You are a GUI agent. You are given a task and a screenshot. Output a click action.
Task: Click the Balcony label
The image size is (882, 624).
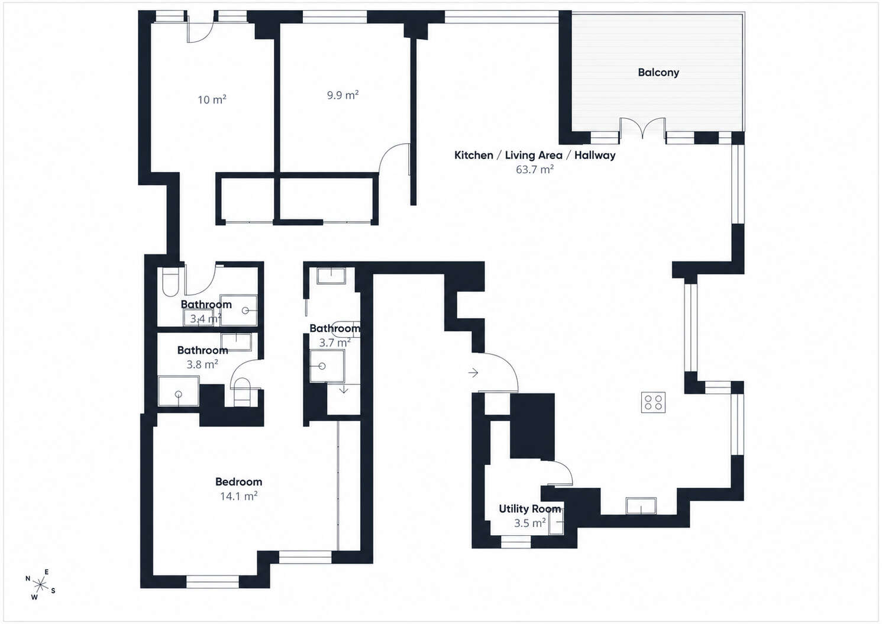[x=658, y=72]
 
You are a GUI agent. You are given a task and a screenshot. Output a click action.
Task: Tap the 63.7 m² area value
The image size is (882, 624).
[x=535, y=170]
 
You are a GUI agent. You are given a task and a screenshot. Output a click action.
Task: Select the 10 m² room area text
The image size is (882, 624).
[x=212, y=99]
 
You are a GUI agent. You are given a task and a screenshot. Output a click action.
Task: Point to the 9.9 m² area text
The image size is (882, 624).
[x=343, y=95]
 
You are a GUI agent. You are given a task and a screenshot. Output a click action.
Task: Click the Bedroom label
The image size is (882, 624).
[x=238, y=481]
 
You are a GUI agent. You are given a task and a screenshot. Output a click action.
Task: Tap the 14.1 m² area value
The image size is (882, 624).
[x=238, y=496]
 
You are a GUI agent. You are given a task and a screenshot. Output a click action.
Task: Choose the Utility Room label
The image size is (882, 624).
[x=529, y=509]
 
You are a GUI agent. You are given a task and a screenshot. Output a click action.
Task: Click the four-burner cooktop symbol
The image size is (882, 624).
[x=653, y=402]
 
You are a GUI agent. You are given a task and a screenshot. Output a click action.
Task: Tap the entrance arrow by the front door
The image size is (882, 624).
[x=473, y=373]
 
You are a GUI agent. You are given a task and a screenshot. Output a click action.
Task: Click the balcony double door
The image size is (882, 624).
[x=642, y=128]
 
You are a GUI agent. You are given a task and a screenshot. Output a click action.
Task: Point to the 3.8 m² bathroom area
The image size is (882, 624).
[x=202, y=364]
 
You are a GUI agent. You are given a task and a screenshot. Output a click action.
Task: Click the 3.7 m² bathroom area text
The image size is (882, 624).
[x=335, y=343]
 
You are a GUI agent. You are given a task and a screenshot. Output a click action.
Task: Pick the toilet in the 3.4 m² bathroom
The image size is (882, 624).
[x=170, y=282]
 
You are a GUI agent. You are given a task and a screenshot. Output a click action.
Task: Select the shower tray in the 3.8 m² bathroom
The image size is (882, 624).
[x=179, y=391]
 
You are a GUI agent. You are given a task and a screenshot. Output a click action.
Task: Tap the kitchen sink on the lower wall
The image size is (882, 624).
[x=641, y=506]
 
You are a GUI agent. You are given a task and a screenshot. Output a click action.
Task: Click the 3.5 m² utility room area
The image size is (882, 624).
[x=530, y=523]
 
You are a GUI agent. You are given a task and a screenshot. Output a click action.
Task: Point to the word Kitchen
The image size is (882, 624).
[x=474, y=156]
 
